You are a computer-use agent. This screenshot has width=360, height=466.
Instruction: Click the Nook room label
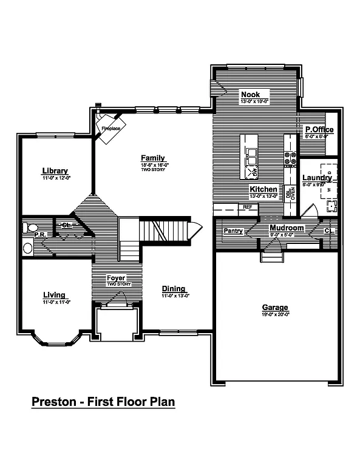[x=250, y=95]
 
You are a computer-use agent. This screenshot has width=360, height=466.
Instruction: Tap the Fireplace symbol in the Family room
[x=109, y=129]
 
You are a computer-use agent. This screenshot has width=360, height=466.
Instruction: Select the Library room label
[x=55, y=171]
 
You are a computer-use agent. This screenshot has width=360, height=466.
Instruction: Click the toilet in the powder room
[x=28, y=228]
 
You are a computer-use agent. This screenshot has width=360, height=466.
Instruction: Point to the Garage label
[x=275, y=307]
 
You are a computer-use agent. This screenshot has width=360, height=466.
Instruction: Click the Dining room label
[x=174, y=288]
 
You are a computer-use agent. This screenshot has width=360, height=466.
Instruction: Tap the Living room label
[x=54, y=295]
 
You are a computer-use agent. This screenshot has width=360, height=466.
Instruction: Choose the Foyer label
[x=115, y=278]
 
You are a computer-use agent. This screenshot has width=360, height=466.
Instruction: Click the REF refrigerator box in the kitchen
[x=247, y=208]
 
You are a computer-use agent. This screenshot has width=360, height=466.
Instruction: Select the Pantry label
[x=233, y=231]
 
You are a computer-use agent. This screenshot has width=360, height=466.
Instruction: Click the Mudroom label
[x=286, y=228]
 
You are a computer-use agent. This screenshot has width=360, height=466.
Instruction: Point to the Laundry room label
[x=317, y=178]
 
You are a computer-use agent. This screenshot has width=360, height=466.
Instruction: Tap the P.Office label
[x=319, y=130]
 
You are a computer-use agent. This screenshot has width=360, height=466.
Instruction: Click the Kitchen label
[x=263, y=189]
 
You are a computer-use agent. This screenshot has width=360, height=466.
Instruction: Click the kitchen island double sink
[x=251, y=157]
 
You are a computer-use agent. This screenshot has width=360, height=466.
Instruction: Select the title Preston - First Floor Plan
[x=103, y=402]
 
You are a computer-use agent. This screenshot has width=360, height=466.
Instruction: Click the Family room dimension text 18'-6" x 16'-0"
[x=153, y=165]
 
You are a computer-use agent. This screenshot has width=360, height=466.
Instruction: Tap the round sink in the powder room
[x=27, y=248]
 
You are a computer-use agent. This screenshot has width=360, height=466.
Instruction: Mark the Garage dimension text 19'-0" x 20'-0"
[x=275, y=314]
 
